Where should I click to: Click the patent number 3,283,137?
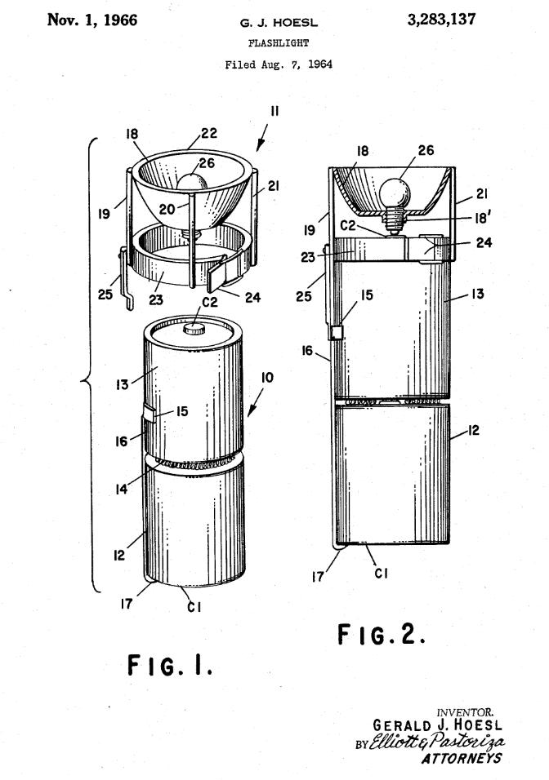[441, 20]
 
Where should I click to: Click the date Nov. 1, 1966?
[92, 20]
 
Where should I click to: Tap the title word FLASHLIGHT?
[279, 43]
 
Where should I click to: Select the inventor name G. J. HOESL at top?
[279, 22]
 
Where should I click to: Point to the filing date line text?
[279, 64]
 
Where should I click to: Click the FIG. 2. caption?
[382, 634]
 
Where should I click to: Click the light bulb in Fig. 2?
[395, 194]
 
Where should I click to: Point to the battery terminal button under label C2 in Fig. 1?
[194, 328]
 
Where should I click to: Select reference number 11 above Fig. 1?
[274, 111]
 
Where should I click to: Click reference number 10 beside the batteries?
[267, 378]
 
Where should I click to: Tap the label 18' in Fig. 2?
[482, 217]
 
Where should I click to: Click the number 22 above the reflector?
[210, 133]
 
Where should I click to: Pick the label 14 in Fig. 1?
[122, 490]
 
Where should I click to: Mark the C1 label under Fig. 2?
[381, 574]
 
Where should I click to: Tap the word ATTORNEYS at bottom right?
[462, 758]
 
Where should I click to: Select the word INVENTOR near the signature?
[466, 713]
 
